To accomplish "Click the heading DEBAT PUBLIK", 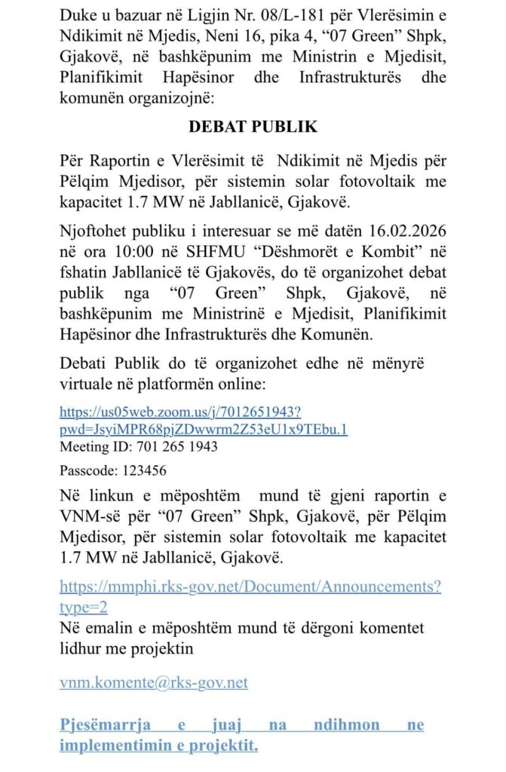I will (x=253, y=127).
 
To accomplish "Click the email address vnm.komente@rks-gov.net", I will (x=154, y=683).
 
